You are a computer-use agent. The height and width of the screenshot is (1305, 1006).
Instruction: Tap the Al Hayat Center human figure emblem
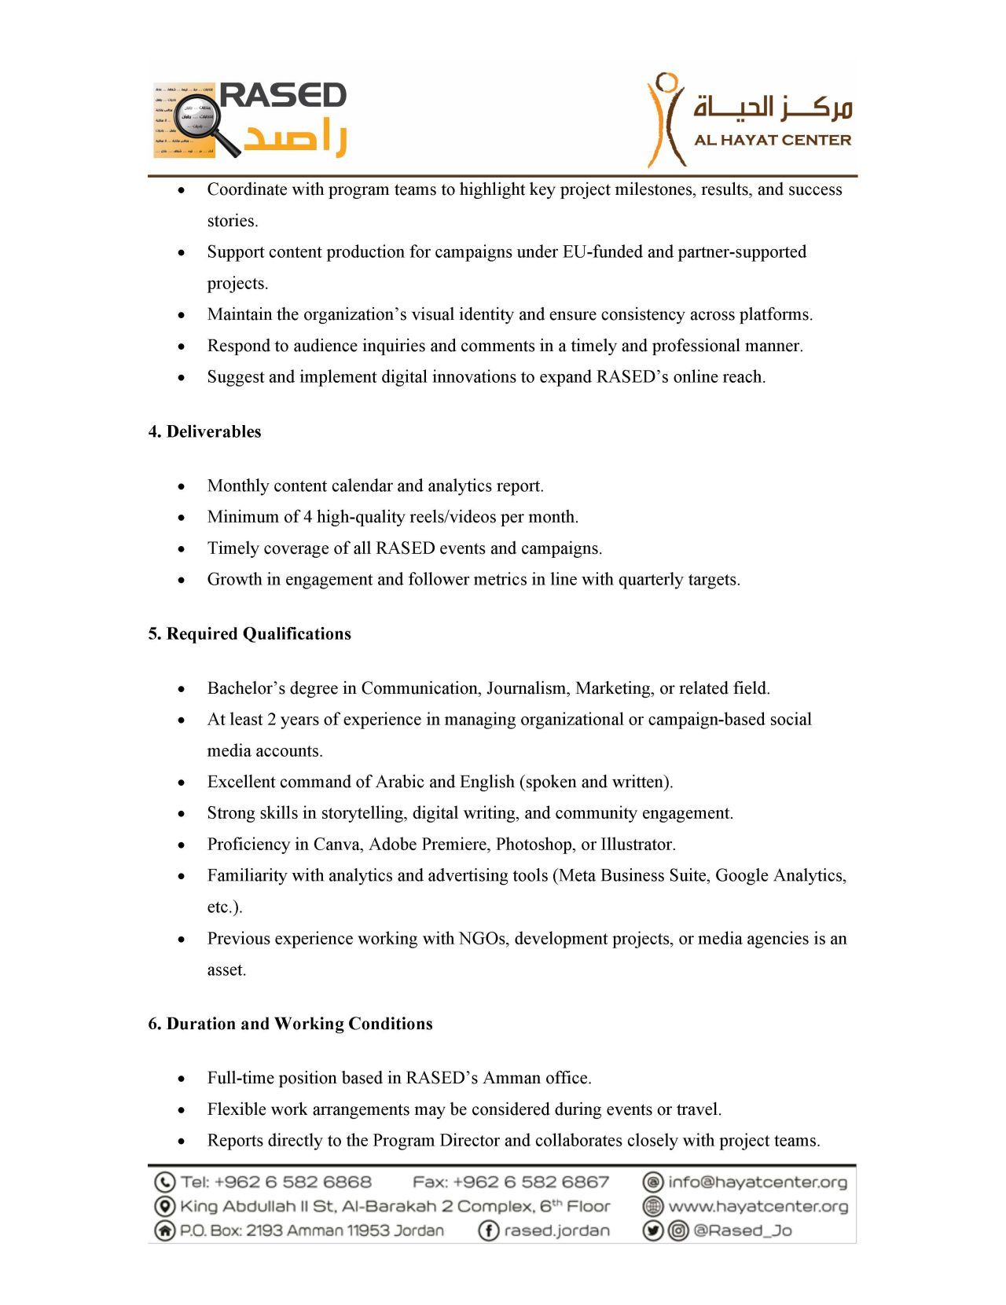click(665, 119)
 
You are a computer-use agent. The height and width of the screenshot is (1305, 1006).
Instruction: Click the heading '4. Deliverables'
click(204, 431)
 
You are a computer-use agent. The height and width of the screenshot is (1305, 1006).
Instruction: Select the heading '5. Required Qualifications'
click(249, 633)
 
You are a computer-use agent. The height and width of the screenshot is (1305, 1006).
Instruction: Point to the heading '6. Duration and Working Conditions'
click(290, 1023)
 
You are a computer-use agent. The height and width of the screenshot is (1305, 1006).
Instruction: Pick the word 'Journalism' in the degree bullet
click(528, 688)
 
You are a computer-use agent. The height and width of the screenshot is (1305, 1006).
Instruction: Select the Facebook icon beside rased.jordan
click(489, 1230)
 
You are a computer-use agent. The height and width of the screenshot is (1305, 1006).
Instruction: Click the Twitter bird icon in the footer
click(653, 1230)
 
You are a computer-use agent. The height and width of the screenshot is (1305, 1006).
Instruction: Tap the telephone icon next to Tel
click(164, 1182)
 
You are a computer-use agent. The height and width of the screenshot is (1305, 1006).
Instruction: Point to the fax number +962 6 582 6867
click(531, 1182)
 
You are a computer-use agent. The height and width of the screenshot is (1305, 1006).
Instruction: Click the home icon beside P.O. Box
click(164, 1230)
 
